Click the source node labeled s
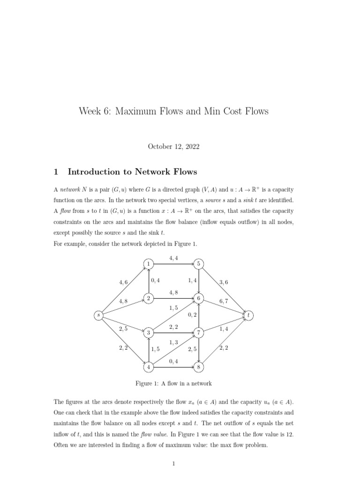pyautogui.click(x=98, y=315)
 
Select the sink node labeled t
pyautogui.click(x=248, y=315)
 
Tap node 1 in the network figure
pyautogui.click(x=149, y=264)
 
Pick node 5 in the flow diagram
pyautogui.click(x=199, y=264)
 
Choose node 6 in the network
pyautogui.click(x=199, y=299)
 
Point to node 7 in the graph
pyautogui.click(x=199, y=333)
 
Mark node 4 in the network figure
pyautogui.click(x=149, y=367)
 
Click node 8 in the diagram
pyautogui.click(x=199, y=367)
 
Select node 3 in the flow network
pyautogui.click(x=149, y=333)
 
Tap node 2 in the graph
pyautogui.click(x=149, y=299)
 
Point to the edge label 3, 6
pyautogui.click(x=224, y=282)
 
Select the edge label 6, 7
pyautogui.click(x=224, y=301)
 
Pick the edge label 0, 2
pyautogui.click(x=192, y=315)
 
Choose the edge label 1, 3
pyautogui.click(x=173, y=343)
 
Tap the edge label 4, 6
pyautogui.click(x=124, y=282)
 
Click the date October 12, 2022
pyautogui.click(x=173, y=147)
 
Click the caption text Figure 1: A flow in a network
pyautogui.click(x=173, y=383)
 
